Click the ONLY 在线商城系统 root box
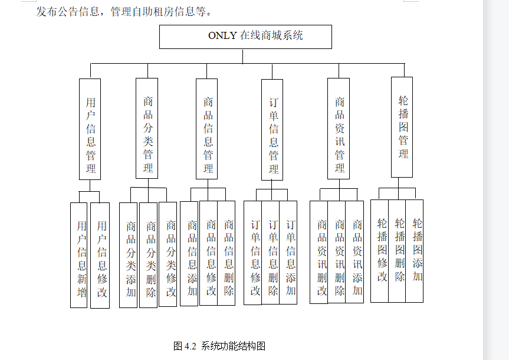[245, 37]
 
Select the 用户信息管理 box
[90, 129]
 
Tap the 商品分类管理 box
[147, 128]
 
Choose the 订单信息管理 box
[272, 129]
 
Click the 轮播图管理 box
[402, 127]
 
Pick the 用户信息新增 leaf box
[79, 255]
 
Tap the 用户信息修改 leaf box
[100, 255]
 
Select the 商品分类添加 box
[129, 255]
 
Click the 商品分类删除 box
[149, 255]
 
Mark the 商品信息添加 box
[189, 254]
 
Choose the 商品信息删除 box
[227, 254]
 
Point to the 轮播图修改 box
[380, 251]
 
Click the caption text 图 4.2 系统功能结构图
[219, 346]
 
